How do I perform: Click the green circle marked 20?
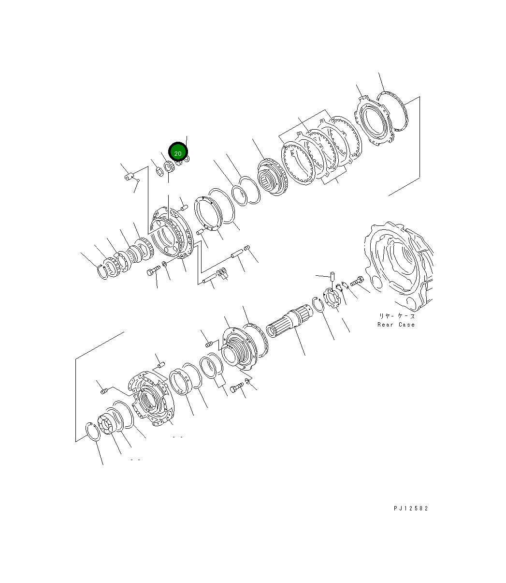point(177,153)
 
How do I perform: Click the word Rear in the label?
point(386,325)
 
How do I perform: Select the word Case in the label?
point(407,325)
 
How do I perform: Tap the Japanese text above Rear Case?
point(396,315)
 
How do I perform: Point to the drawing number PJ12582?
point(411,508)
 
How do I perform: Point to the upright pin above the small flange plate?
point(333,277)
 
